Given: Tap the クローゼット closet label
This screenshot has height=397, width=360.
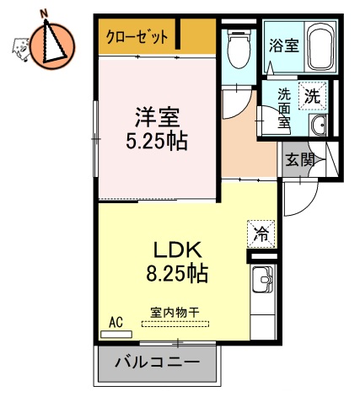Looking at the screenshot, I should (x=138, y=37).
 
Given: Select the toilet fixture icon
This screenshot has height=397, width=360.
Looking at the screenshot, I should (x=239, y=49).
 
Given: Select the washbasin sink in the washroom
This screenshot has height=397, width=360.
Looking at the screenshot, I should (x=319, y=126).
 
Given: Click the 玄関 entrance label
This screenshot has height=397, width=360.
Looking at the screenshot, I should (x=298, y=158).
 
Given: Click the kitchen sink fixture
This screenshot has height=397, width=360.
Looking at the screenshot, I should (x=261, y=279).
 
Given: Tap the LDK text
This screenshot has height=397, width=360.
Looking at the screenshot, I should (x=175, y=250).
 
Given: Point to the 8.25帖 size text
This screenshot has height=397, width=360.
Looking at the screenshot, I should (x=175, y=274).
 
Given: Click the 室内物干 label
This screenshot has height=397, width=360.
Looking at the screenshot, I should (x=175, y=312).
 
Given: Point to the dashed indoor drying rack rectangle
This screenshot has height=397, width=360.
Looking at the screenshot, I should (x=176, y=325).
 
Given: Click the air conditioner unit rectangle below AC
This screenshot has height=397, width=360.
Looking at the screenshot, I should (x=116, y=335).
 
